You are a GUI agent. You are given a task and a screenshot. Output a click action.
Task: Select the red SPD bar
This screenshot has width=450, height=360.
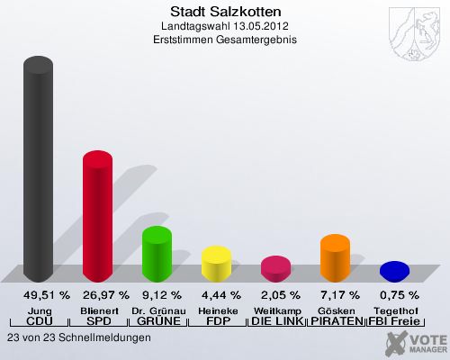click(97, 216)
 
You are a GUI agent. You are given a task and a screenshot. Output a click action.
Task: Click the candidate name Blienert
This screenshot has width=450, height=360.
click(97, 310)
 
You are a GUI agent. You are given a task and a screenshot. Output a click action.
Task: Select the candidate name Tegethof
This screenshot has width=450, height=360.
click(394, 310)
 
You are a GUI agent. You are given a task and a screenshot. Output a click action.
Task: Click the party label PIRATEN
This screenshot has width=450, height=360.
click(335, 321)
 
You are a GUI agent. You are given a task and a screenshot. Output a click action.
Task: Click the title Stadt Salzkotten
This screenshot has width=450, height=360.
click(225, 12)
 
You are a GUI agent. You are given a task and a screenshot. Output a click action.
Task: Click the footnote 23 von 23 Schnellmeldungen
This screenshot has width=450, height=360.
click(78, 337)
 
